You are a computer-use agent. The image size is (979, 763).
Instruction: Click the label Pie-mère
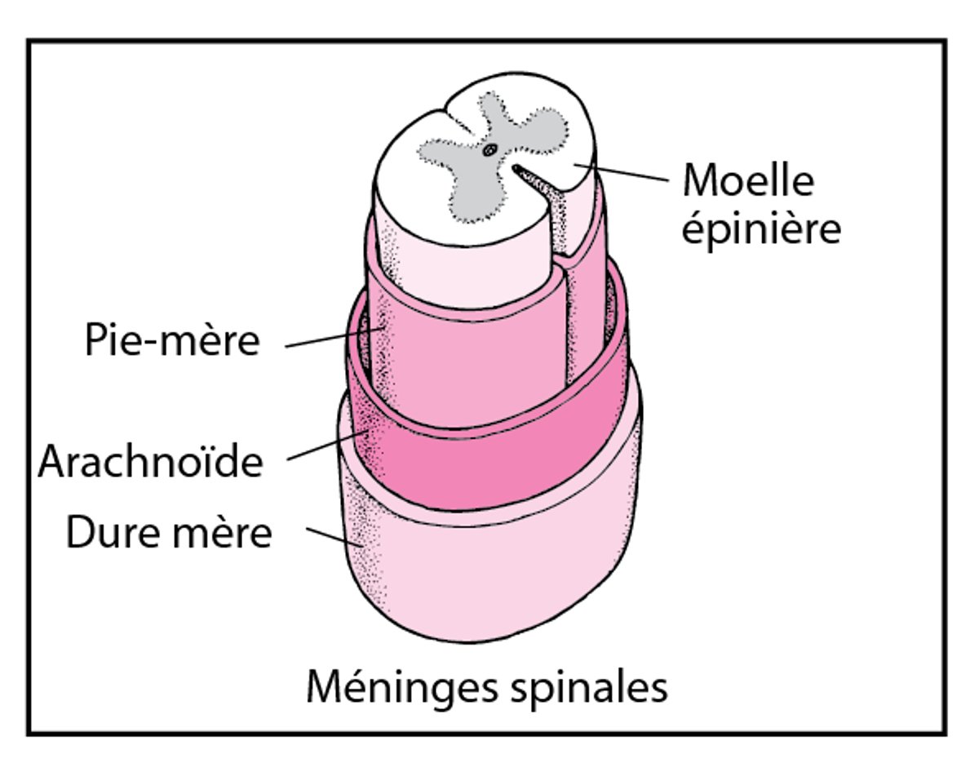[x=172, y=340]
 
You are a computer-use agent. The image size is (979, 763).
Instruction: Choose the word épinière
[x=760, y=228]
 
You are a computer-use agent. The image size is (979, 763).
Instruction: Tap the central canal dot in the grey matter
[x=489, y=150]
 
